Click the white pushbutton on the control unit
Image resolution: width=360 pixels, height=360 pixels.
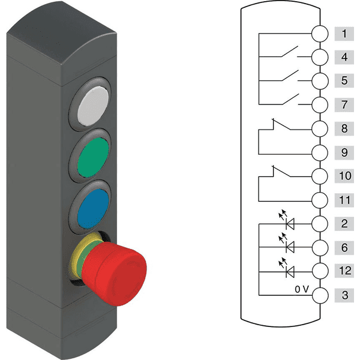[93, 106]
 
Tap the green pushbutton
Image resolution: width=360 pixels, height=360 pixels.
[93, 157]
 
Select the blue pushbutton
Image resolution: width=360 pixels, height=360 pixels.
[93, 209]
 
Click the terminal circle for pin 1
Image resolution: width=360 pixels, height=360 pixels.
[320, 34]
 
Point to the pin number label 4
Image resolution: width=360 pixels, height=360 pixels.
[344, 57]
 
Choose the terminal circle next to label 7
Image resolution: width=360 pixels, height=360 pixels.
[320, 104]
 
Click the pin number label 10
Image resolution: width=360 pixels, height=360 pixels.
[344, 176]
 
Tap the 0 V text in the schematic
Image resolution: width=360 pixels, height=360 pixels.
[302, 289]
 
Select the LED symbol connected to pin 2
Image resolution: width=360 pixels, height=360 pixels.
[287, 220]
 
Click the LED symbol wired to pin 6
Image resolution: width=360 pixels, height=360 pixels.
[287, 244]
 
